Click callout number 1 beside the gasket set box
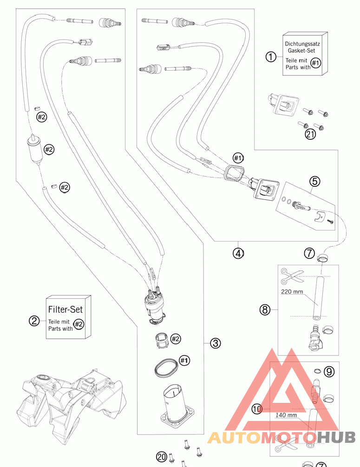tap(271, 56)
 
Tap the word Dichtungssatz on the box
tap(302, 44)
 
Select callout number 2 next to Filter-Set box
tap(34, 321)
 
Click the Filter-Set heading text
tap(65, 309)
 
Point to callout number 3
tap(216, 343)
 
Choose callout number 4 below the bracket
tap(238, 253)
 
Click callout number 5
tap(315, 181)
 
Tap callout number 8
tap(265, 310)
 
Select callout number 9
tap(329, 372)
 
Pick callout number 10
tap(257, 409)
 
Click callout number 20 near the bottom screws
tap(162, 457)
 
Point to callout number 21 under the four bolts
tap(310, 134)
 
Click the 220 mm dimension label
tap(292, 291)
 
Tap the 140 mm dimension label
tap(286, 414)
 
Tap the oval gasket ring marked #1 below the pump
tap(166, 368)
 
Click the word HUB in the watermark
tap(336, 437)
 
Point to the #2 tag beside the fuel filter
tap(49, 149)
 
